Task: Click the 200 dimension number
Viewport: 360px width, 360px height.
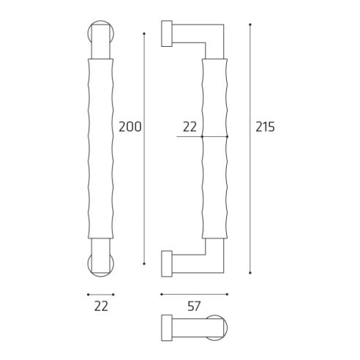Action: point(130,127)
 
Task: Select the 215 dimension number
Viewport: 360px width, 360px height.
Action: point(265,127)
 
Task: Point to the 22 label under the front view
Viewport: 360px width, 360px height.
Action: point(101,307)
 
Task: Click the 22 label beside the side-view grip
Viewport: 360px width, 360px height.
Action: point(190,127)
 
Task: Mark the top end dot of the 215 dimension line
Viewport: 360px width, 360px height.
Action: point(251,25)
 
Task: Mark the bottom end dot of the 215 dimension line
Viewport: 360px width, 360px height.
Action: point(251,273)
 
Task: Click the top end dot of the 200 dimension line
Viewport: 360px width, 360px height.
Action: point(144,33)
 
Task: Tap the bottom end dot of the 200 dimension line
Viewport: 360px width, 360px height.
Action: point(144,264)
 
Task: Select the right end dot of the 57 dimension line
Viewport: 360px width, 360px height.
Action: point(225,294)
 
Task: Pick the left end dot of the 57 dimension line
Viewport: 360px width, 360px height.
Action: point(161,294)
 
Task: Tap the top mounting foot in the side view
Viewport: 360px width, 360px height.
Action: point(166,34)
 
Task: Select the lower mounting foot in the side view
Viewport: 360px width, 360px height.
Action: point(166,263)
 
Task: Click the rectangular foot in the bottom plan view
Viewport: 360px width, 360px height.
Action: point(166,327)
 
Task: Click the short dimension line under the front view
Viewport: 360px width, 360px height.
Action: point(101,294)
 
